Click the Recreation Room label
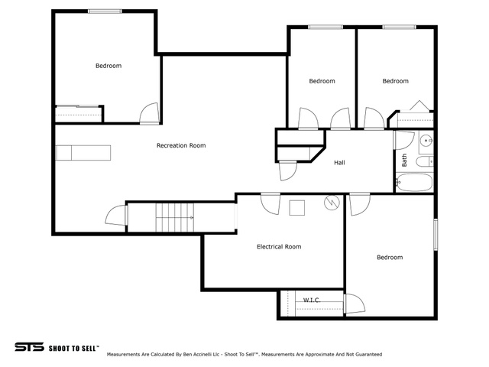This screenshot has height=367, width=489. tap(181, 145)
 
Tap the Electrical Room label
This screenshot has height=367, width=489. tap(279, 247)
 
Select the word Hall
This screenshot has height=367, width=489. tap(339, 163)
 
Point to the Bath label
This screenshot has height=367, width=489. tap(404, 160)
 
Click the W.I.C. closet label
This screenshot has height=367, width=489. tap(312, 300)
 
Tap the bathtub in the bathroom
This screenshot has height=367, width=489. tap(414, 182)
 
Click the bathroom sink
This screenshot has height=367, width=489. tap(426, 141)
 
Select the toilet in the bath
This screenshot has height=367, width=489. tap(425, 161)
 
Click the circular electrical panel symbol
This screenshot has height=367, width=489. tap(332, 203)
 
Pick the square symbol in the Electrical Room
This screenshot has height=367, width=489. tap(297, 208)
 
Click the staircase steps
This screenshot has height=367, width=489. tap(175, 217)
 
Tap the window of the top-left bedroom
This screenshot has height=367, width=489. tap(105, 11)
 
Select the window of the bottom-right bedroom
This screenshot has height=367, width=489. tap(436, 235)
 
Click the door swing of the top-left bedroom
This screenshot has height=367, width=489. tap(150, 114)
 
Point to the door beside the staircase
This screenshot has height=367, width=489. tap(116, 215)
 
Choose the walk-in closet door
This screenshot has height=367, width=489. tap(355, 304)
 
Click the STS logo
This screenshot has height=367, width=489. tap(29, 347)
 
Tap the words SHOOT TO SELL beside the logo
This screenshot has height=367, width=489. tap(73, 349)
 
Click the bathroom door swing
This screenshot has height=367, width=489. tap(404, 141)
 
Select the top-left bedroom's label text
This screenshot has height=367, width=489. tap(108, 66)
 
